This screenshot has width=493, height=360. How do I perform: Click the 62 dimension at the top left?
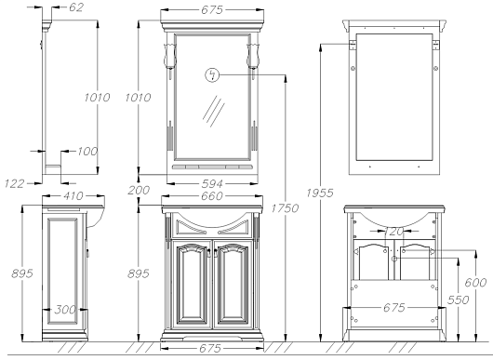[76, 7]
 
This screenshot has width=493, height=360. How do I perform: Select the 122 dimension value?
[14, 183]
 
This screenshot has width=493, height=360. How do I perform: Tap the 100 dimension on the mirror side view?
[87, 152]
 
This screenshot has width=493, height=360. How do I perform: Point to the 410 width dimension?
[73, 196]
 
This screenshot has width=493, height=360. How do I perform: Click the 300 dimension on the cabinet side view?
[65, 310]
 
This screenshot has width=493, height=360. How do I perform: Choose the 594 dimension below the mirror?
[212, 183]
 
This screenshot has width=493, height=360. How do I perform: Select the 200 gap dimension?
[139, 190]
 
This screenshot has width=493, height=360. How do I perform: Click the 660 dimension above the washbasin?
[212, 196]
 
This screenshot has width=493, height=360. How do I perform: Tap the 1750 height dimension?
[285, 208]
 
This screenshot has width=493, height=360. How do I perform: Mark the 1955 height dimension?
[320, 193]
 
